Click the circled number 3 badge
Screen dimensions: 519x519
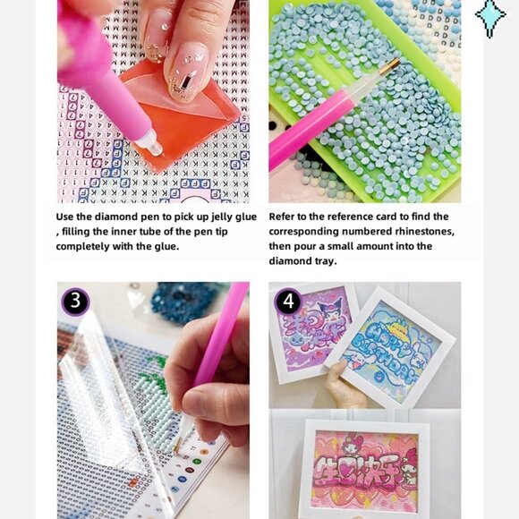(75, 301)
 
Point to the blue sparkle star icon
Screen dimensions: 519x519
(489, 17)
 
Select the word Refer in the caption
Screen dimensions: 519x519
(285, 217)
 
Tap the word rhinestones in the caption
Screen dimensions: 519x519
(421, 232)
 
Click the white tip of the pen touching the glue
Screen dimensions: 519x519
(151, 141)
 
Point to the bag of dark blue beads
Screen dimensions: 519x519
(187, 302)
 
